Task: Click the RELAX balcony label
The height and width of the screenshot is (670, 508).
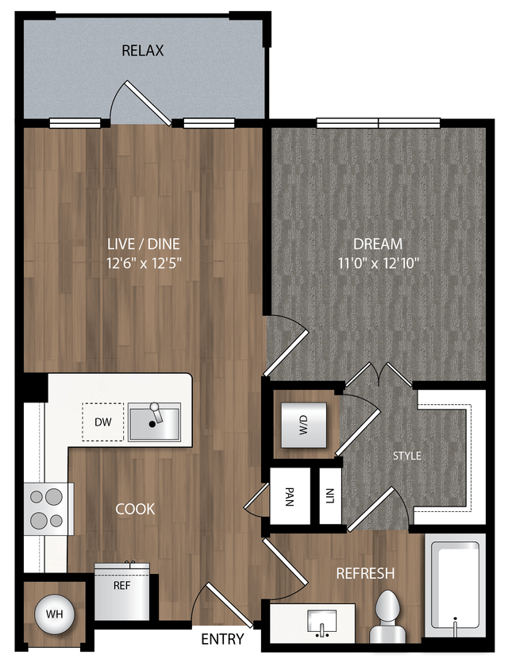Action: (143, 51)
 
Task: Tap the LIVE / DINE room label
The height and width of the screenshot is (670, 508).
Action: (144, 244)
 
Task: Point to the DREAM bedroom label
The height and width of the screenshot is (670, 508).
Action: (378, 244)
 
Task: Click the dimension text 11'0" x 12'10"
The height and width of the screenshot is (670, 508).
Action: (378, 263)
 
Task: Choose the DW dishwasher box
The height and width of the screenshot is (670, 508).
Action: (103, 422)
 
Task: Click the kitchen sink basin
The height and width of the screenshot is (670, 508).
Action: (154, 422)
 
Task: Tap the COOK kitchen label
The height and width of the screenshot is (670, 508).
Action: (135, 509)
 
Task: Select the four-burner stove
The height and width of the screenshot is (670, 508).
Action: (47, 509)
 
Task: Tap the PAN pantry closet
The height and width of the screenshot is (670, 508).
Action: (290, 496)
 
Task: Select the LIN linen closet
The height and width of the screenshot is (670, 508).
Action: (330, 496)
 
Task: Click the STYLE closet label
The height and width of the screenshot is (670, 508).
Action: (407, 456)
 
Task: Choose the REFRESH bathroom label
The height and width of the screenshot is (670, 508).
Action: (365, 573)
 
